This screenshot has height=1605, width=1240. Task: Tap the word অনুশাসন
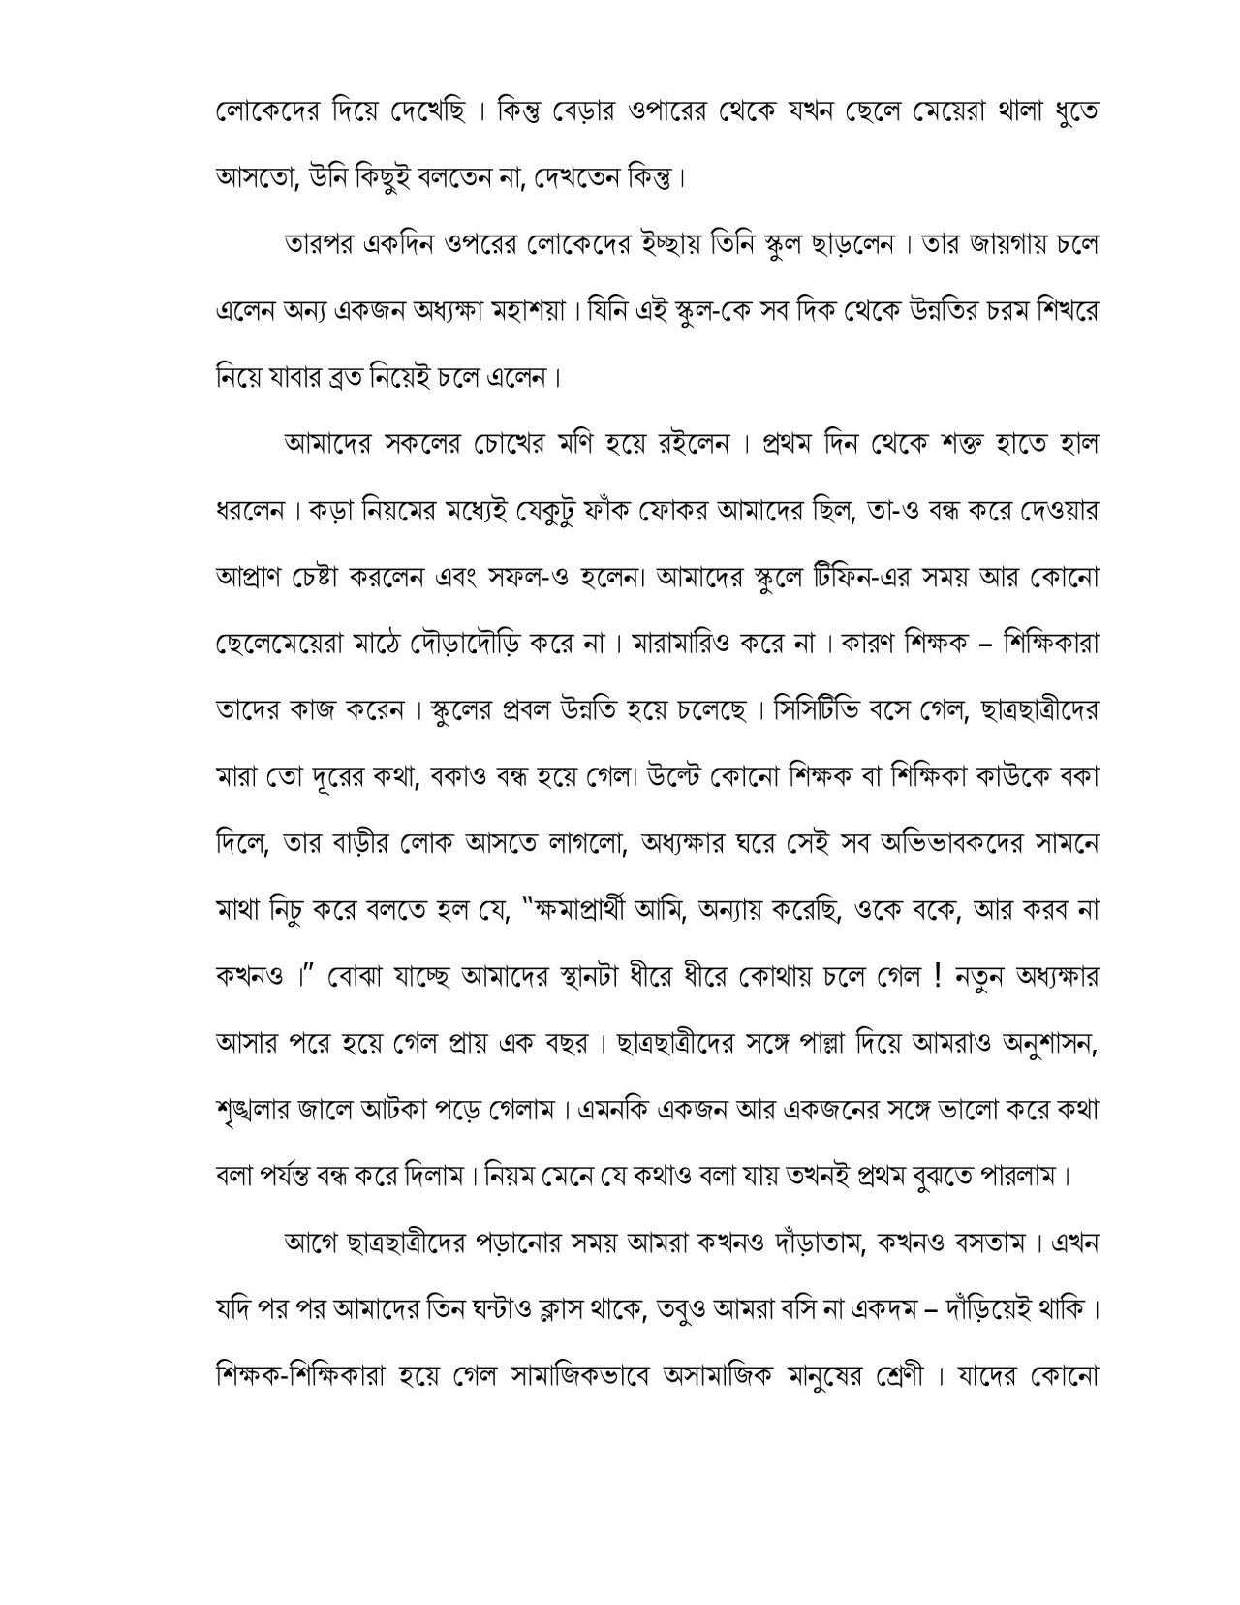click(x=1044, y=1043)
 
